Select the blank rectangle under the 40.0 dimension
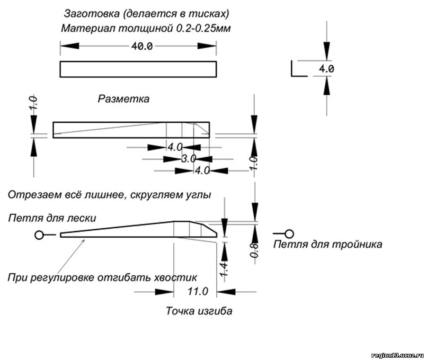click(x=138, y=69)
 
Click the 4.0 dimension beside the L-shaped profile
click(x=326, y=69)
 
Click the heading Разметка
click(x=123, y=99)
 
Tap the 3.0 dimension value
click(x=189, y=159)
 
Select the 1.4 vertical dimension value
click(x=225, y=269)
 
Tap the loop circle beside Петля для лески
click(x=40, y=235)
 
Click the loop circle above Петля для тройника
click(x=290, y=233)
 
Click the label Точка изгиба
click(x=199, y=311)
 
